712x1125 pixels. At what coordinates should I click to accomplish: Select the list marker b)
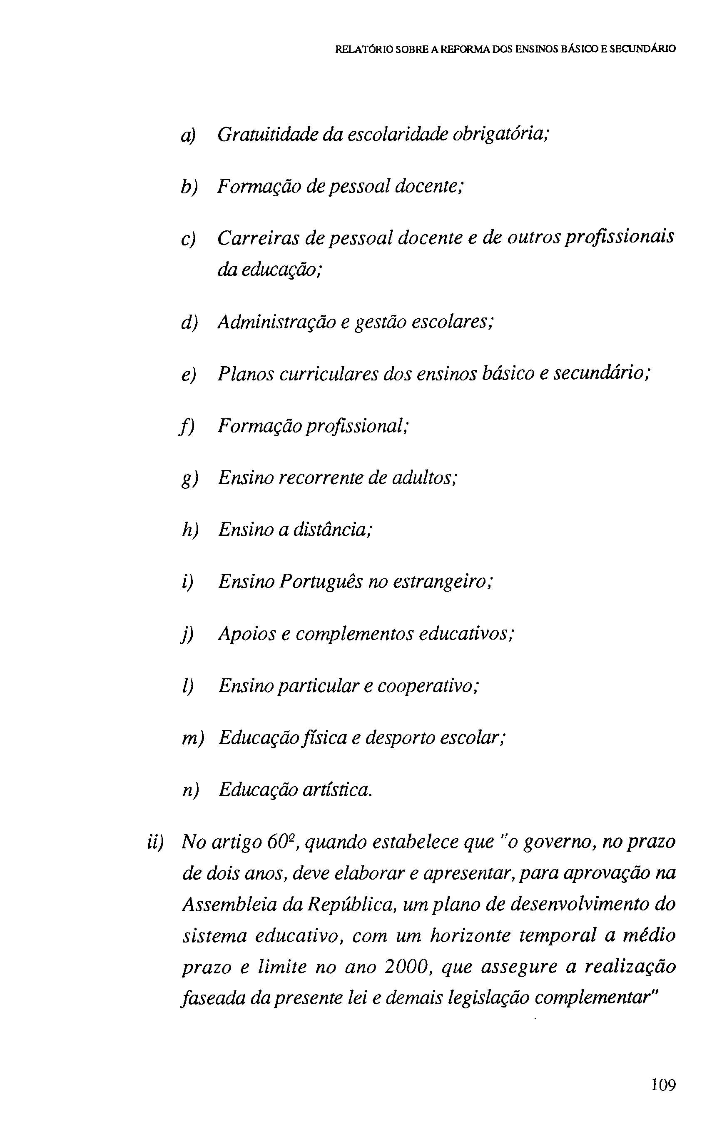(x=189, y=188)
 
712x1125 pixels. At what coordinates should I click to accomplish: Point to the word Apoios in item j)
(x=247, y=634)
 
